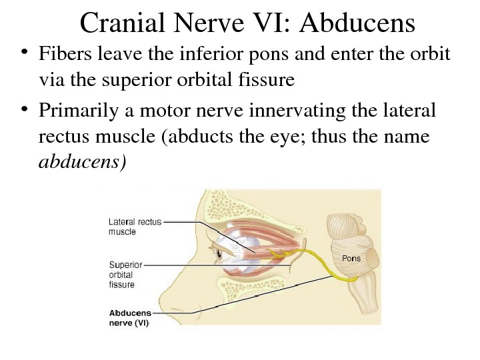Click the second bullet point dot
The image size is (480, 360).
[x=24, y=109]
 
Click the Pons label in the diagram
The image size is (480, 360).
[x=351, y=257]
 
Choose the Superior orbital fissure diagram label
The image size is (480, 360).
[x=121, y=274]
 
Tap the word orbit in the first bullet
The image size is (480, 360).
[x=433, y=53]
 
